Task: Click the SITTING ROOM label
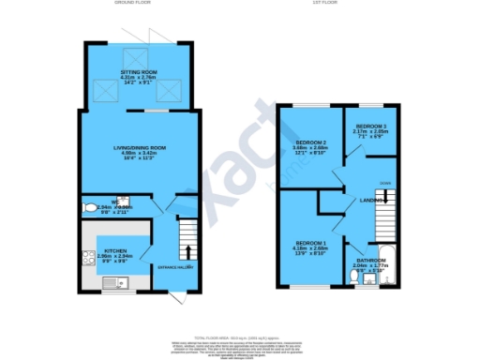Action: coord(140,71)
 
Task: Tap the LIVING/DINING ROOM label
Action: coord(140,147)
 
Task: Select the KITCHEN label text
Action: coord(116,251)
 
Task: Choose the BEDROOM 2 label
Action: coord(308,142)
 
